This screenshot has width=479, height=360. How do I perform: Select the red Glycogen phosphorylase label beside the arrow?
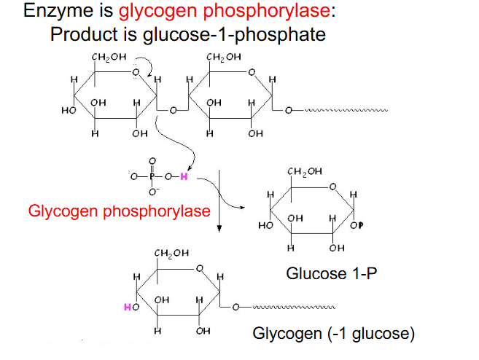point(119,211)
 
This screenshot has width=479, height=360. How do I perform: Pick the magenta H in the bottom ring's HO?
point(127,308)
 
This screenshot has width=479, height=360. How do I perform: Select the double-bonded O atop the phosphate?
point(152,160)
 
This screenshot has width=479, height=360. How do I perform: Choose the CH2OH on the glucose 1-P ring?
point(304,173)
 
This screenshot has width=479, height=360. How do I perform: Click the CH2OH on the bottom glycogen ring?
point(172,253)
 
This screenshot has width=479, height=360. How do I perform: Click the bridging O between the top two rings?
point(173,111)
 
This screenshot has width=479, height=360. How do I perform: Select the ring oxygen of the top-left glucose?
point(136,71)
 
